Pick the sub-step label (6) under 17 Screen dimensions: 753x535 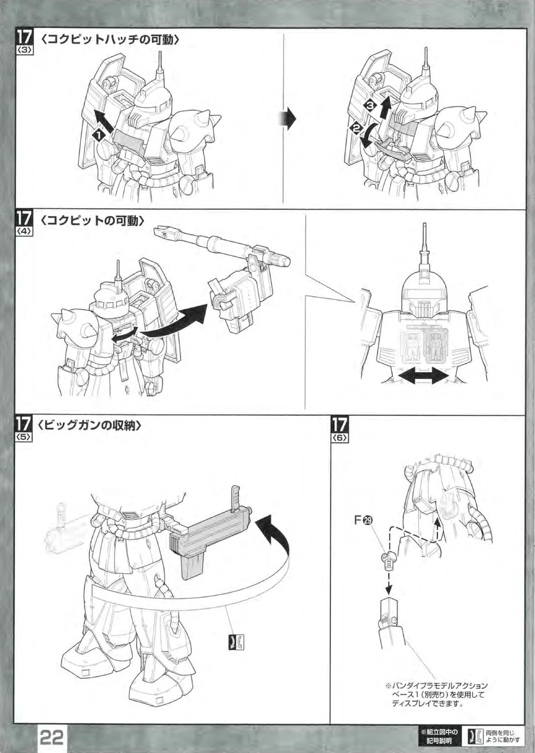[339, 438]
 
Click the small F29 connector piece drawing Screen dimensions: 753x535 [388, 560]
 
